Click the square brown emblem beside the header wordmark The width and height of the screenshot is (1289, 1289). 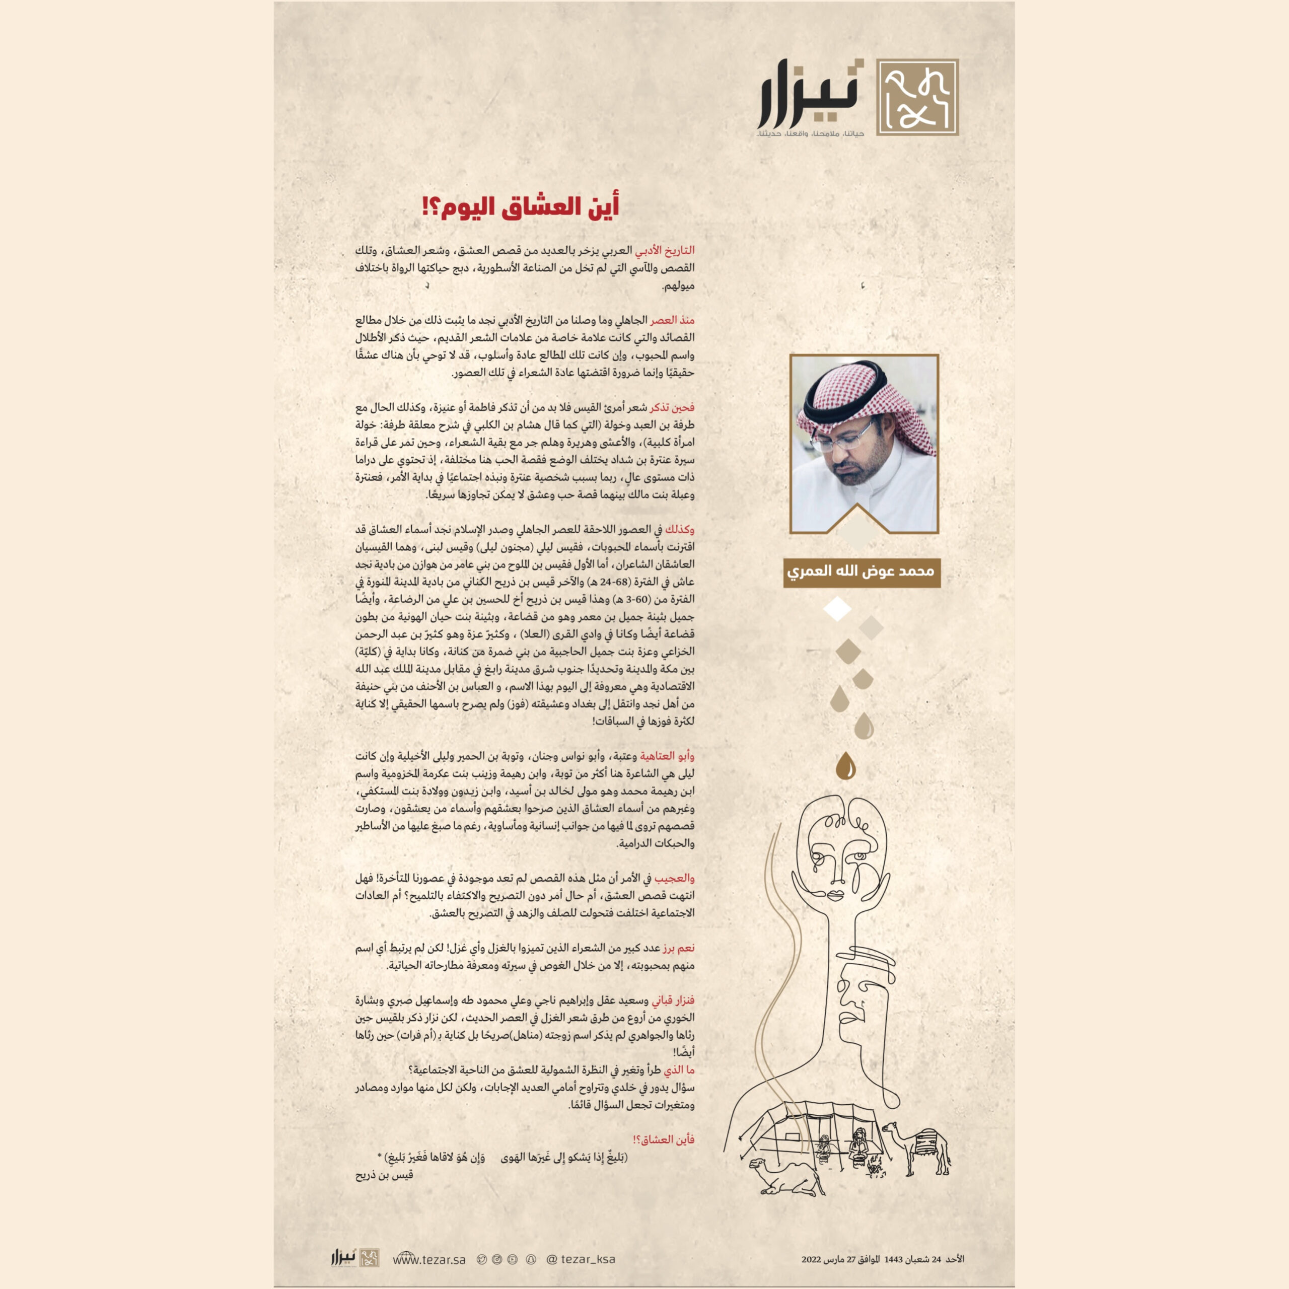(917, 97)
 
